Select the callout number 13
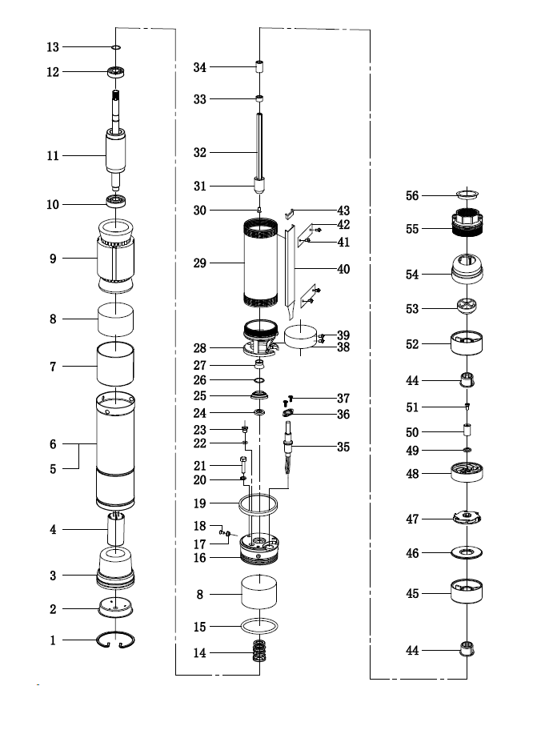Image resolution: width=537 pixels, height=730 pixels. coord(52,47)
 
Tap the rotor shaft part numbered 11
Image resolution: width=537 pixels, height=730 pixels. coord(116,152)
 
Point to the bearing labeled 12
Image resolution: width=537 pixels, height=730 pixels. coord(117,72)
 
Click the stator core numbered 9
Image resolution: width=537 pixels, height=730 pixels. coord(116,257)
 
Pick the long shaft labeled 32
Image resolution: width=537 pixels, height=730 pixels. coord(260,148)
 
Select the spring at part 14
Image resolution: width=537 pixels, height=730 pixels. coord(259,652)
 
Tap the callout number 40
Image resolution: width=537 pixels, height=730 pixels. coord(343,269)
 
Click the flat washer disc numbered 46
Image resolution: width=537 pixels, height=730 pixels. coord(466,552)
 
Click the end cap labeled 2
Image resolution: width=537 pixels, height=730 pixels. coord(116,608)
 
